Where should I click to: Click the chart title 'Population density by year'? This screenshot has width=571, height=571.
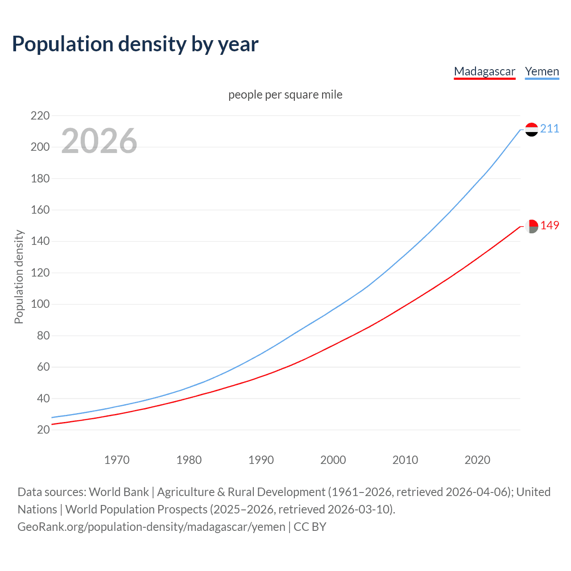click(x=135, y=44)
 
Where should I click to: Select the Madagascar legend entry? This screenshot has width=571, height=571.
click(x=484, y=71)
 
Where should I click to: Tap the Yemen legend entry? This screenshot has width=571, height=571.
click(x=542, y=71)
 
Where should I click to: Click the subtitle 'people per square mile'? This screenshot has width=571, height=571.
click(x=285, y=95)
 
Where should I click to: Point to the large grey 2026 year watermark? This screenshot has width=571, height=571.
click(x=99, y=141)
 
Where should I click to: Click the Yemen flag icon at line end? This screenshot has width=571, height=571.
click(x=531, y=129)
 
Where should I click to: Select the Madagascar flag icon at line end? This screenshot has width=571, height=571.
click(x=531, y=226)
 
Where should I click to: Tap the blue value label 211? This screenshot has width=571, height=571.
click(x=550, y=129)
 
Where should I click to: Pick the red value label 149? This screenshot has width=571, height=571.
click(x=550, y=226)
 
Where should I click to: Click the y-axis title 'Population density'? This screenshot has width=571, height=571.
click(x=19, y=277)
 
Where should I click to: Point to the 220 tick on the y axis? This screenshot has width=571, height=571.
click(x=40, y=116)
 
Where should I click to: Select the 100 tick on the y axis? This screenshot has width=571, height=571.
click(x=40, y=304)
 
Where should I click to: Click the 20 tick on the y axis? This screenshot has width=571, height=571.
click(x=43, y=430)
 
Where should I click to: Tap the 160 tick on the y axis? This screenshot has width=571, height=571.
click(x=40, y=210)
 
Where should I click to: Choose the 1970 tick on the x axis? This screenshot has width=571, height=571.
click(x=117, y=460)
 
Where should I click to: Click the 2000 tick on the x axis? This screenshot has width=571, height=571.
click(x=333, y=460)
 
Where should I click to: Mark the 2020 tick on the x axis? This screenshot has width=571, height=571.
click(x=477, y=460)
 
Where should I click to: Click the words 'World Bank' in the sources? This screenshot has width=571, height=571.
click(x=119, y=492)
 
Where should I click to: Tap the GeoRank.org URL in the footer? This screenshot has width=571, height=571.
click(x=151, y=527)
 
